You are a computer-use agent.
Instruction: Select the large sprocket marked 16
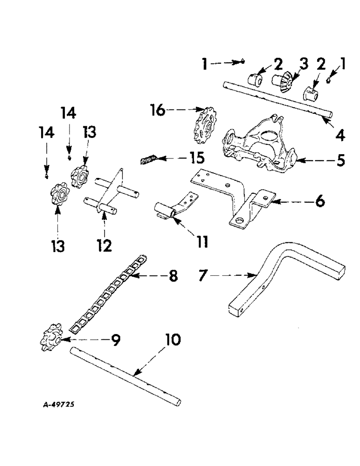point(205,126)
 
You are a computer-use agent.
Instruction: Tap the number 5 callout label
point(341,160)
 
